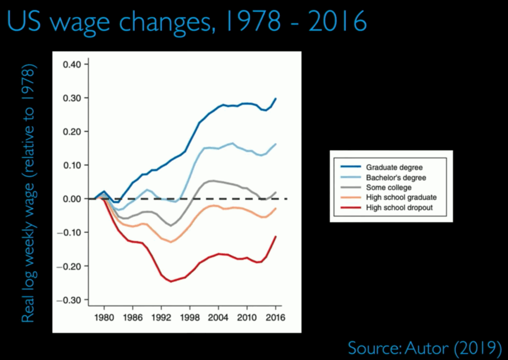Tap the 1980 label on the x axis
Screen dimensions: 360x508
tap(104, 318)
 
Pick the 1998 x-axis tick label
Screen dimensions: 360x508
tap(190, 318)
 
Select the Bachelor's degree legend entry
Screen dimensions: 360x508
tap(396, 178)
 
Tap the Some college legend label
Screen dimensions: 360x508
tap(389, 187)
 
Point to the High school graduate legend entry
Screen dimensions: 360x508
tap(401, 197)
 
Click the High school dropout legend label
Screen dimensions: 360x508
tap(399, 207)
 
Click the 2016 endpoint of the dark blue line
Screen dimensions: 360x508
tap(276, 99)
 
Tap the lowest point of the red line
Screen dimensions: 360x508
tap(171, 281)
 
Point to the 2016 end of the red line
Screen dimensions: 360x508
tap(276, 237)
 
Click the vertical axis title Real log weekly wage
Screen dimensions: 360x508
tap(29, 193)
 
